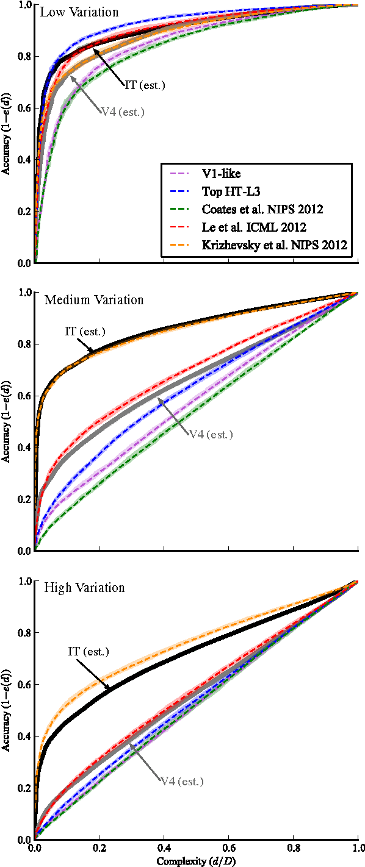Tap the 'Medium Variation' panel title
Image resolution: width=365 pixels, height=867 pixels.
(x=94, y=300)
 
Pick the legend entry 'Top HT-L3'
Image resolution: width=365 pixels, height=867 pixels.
(x=226, y=191)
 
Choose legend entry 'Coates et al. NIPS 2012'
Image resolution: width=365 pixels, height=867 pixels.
(x=261, y=209)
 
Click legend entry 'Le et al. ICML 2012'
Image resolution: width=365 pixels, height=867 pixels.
(x=253, y=227)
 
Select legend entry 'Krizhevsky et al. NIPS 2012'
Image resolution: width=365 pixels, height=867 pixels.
(x=273, y=244)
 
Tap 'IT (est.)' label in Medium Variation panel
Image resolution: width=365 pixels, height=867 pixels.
(x=85, y=332)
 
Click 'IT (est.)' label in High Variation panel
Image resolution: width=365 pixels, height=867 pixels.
(x=88, y=652)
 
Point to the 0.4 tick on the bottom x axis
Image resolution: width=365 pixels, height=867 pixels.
(x=164, y=848)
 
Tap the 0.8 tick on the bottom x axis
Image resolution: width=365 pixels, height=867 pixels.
(x=293, y=848)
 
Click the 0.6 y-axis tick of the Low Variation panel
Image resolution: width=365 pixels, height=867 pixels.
(x=24, y=109)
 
